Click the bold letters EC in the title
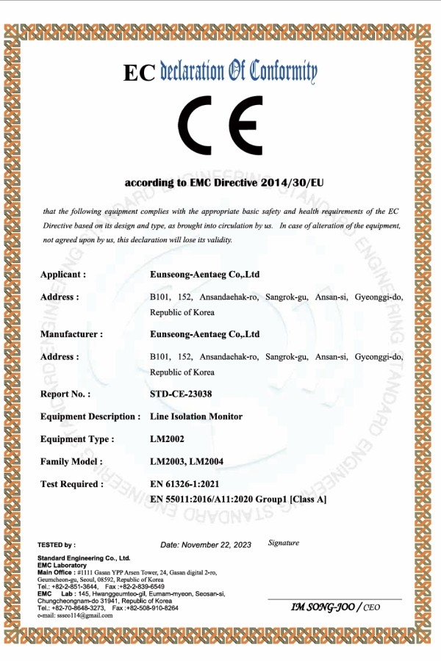coord(139,73)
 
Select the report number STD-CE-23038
coord(181,394)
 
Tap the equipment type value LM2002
coord(166,439)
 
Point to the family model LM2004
coord(208,461)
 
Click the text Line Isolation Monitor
coord(196,416)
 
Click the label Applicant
coord(63,275)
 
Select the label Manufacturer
coord(71,334)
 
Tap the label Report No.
coord(65,394)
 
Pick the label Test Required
coord(71,484)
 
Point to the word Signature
coord(284,543)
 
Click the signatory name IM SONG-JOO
coord(323,607)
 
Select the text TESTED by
coord(56,545)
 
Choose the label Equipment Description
coord(90,416)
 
